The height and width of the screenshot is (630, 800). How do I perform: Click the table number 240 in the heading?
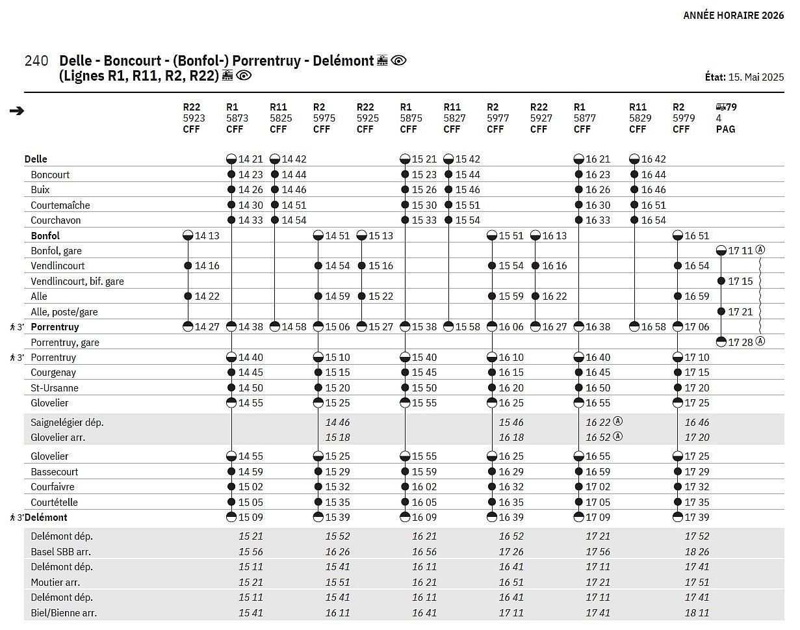point(36,61)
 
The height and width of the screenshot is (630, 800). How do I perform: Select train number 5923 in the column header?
point(194,118)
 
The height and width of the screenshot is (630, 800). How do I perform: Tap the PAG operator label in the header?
point(725,129)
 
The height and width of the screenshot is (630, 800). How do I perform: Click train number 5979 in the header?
point(684,118)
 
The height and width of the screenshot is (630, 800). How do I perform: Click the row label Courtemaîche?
point(60,205)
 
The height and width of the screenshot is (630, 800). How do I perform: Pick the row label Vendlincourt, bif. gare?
point(77,282)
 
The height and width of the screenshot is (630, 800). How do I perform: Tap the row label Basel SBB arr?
point(60,552)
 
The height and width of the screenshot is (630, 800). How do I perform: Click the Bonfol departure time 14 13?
point(207,236)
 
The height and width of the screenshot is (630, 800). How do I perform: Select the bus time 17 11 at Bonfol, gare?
point(740,251)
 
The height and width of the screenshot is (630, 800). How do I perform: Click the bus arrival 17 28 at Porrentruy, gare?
point(740,342)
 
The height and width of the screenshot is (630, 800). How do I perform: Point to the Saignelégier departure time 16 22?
point(598,423)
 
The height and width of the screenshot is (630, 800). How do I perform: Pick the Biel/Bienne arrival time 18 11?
point(697,613)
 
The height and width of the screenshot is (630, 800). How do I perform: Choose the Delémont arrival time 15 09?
point(250,518)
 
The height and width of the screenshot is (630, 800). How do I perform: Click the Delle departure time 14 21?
point(250,159)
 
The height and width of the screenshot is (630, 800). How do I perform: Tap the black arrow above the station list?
point(17,111)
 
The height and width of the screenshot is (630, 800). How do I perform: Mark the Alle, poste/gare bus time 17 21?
point(740,312)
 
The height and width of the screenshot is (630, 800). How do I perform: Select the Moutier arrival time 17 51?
point(697,583)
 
